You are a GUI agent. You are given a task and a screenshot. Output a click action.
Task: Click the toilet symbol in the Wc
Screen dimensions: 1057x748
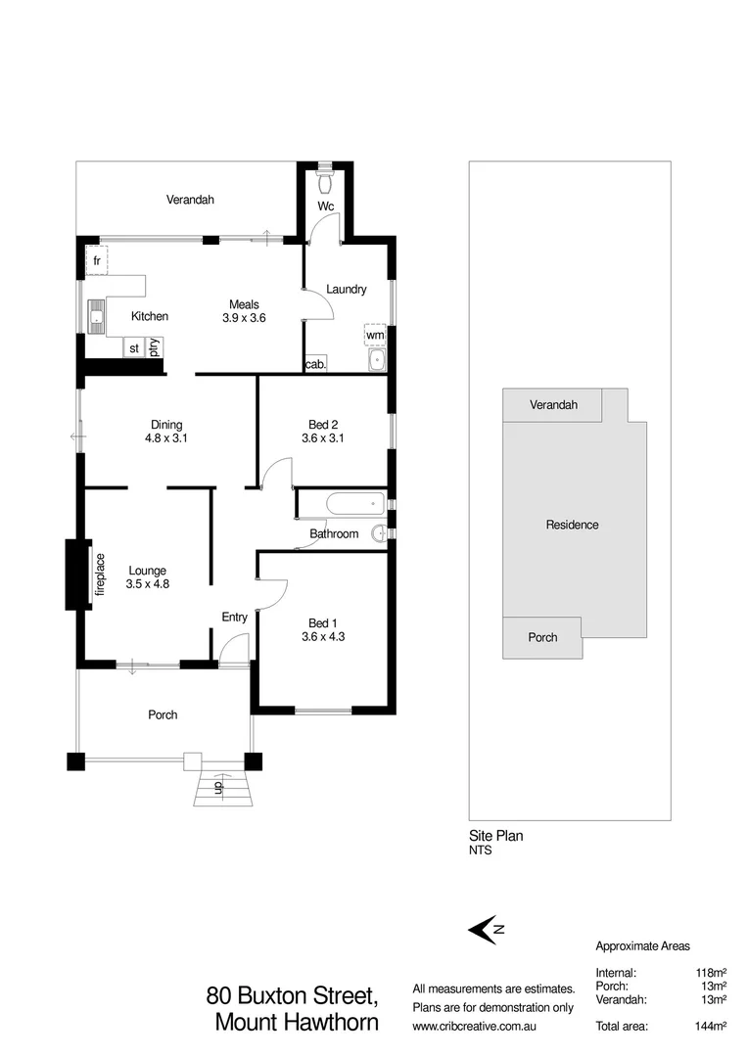pos(327,182)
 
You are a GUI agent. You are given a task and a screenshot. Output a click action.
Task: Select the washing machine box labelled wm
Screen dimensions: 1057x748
pos(375,335)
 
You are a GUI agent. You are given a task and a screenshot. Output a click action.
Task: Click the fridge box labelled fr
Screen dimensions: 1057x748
pos(97,260)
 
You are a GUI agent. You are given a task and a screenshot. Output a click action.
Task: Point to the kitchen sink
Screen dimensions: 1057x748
pos(97,315)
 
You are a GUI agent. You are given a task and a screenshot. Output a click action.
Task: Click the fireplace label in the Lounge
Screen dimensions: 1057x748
pos(100,574)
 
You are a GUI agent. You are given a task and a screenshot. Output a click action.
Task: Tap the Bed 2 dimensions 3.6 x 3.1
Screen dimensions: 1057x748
pos(323,438)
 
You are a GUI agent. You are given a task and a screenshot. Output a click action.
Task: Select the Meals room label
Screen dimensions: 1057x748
pos(244,303)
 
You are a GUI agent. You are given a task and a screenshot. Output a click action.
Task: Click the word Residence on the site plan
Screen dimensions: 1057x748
pos(572,525)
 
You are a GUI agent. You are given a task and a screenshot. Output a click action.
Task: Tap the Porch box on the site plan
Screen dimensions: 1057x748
pos(542,637)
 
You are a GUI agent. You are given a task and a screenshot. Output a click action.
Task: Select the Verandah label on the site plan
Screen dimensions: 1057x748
pos(553,404)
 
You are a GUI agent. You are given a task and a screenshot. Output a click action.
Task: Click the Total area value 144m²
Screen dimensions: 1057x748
pos(707,1027)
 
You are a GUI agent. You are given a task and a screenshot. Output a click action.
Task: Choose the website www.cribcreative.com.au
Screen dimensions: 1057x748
pos(475,1027)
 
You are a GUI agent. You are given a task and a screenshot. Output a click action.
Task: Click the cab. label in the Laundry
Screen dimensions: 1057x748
pos(315,364)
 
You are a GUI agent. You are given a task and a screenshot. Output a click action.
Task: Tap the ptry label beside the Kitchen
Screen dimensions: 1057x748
pos(155,346)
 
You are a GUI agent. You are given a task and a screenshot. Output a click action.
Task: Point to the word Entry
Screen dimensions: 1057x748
pos(234,617)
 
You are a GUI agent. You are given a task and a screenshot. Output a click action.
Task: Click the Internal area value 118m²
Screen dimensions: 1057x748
pos(708,973)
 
